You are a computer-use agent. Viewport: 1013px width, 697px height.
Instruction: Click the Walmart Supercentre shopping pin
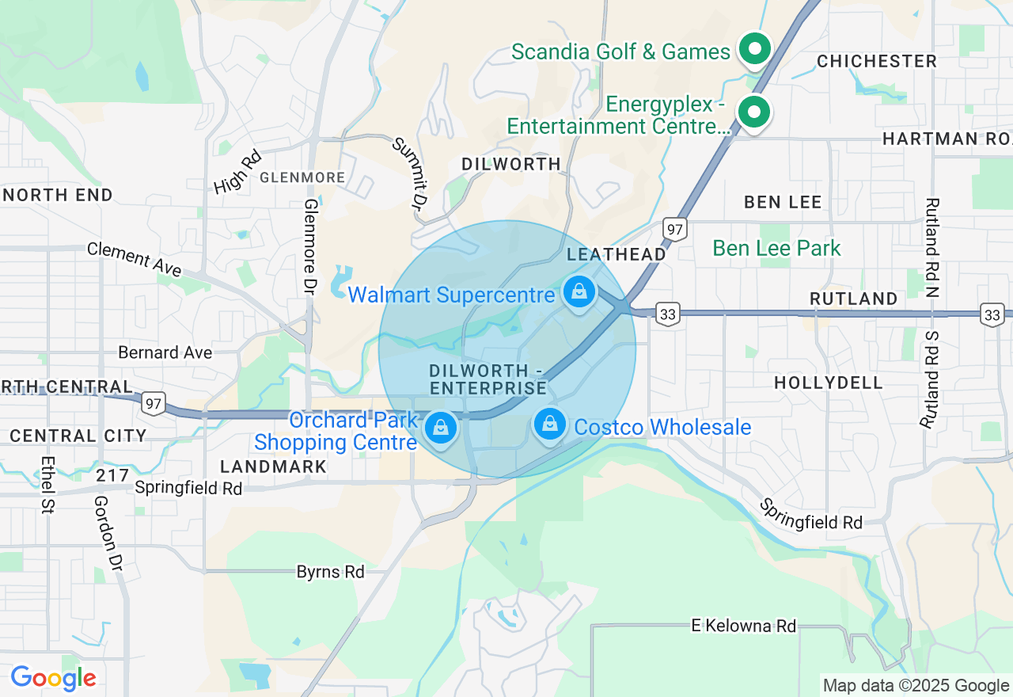580,292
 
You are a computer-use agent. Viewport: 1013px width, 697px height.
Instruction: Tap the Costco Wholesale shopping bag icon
550,425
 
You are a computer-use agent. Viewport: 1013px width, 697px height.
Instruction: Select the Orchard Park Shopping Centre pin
440,428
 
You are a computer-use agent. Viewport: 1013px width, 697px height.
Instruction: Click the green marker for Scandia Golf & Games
754,49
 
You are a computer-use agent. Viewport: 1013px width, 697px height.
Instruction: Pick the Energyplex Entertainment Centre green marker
754,112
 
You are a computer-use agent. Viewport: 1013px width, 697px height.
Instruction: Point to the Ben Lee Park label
776,248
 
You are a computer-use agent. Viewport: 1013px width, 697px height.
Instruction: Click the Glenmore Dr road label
309,246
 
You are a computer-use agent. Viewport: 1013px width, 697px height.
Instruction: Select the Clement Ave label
135,259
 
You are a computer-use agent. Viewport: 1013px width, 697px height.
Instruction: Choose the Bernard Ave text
165,352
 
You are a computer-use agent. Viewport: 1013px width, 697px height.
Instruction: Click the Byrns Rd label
330,571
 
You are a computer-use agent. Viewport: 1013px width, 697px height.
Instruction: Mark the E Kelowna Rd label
743,626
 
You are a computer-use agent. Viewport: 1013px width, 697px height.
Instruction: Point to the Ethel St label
47,485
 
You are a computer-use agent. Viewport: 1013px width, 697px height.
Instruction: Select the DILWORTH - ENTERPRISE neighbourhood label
488,379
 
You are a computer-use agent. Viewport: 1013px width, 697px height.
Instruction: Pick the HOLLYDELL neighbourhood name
829,383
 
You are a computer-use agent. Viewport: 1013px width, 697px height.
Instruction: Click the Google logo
53,678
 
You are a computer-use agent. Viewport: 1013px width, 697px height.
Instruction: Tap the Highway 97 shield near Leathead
674,230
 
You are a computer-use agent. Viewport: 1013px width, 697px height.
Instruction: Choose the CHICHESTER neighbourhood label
876,61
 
